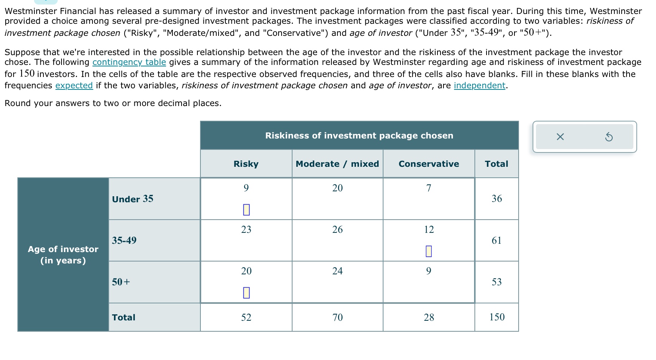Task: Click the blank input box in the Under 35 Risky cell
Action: [x=246, y=209]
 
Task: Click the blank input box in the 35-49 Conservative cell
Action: [x=428, y=251]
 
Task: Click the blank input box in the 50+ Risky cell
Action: [x=246, y=292]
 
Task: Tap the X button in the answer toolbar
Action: [x=560, y=137]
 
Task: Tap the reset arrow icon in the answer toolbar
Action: [x=608, y=137]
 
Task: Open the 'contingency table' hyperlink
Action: [x=129, y=62]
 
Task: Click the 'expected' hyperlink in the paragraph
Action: [x=74, y=86]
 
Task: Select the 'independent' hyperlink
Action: [x=479, y=86]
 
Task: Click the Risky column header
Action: [x=246, y=164]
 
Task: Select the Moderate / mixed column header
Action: [x=337, y=164]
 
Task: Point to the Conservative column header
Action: [x=429, y=164]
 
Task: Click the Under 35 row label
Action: [x=132, y=199]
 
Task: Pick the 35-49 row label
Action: [x=124, y=240]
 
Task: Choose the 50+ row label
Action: [x=121, y=282]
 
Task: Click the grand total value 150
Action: [x=497, y=317]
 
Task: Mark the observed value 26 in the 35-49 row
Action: [x=337, y=229]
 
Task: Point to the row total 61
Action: [x=497, y=240]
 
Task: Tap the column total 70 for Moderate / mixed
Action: [x=337, y=317]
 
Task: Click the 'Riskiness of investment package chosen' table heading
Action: [x=359, y=135]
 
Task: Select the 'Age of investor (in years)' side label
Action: [x=63, y=255]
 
